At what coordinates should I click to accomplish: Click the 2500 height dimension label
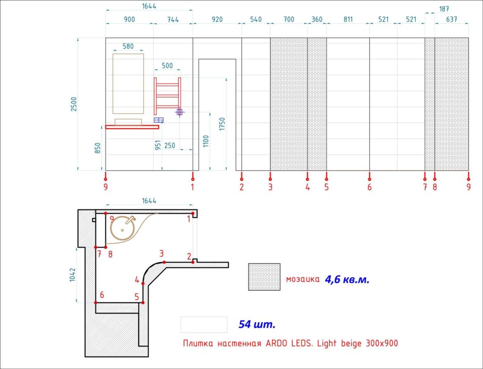click(74, 104)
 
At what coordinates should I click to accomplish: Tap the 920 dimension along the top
click(217, 19)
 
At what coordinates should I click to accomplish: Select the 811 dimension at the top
click(348, 19)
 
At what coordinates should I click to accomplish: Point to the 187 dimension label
click(444, 9)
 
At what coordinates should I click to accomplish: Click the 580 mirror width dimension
click(128, 46)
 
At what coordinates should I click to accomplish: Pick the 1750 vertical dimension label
click(222, 124)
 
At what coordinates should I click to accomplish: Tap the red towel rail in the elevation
click(167, 96)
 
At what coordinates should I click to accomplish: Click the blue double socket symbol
click(158, 120)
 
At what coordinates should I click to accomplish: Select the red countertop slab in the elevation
click(132, 127)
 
